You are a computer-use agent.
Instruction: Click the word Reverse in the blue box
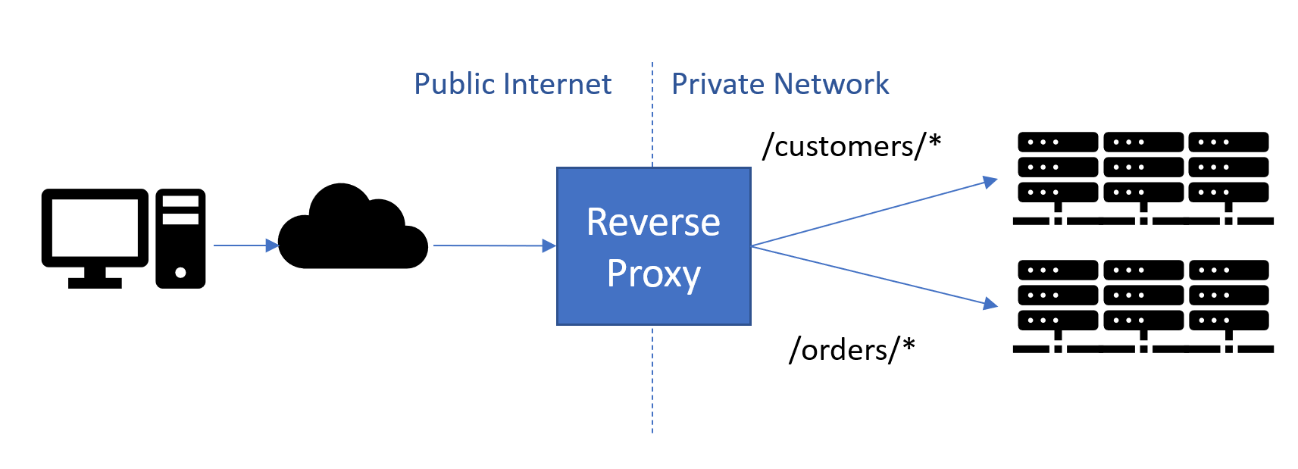tap(653, 222)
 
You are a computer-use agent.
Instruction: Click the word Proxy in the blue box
tap(653, 274)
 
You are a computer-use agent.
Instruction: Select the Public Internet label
tap(512, 84)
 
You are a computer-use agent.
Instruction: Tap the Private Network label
tap(780, 84)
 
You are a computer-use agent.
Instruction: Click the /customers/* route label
tap(852, 145)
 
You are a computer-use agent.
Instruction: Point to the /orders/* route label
tap(852, 349)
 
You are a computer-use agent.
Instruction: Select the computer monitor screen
tap(95, 227)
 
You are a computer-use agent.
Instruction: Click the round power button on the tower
tap(180, 272)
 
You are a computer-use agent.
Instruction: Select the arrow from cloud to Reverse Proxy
tap(493, 245)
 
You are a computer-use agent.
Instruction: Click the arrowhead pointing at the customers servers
tap(990, 181)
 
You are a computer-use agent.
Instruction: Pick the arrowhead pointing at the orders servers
tap(990, 304)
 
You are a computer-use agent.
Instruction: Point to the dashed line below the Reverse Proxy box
tap(652, 379)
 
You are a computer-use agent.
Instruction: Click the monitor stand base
tap(95, 283)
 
